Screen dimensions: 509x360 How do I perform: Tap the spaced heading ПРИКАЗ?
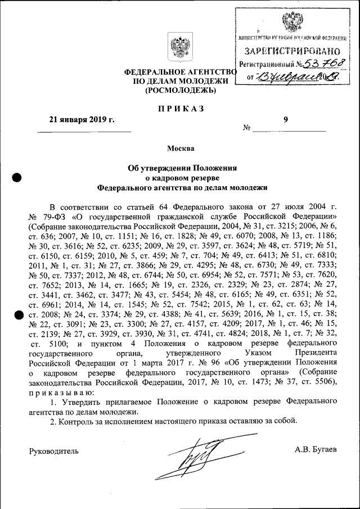pos(180,108)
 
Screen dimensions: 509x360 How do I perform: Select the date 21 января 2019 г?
pos(82,119)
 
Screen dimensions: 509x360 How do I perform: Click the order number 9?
pos(285,119)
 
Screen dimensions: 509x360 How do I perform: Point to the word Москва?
pos(180,149)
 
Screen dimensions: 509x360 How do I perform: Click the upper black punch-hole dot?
pos(17,178)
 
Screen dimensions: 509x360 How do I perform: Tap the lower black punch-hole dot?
pos(17,316)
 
